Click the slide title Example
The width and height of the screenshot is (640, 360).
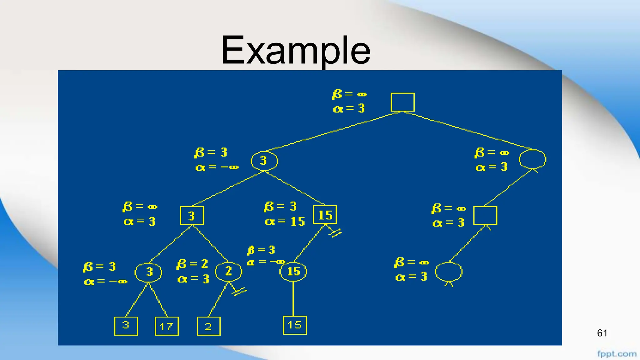coord(296,50)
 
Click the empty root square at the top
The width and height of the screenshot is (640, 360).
coord(402,102)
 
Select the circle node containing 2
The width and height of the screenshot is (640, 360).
coord(228,271)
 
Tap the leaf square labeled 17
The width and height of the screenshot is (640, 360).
coord(167,326)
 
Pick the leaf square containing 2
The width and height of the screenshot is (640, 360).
coord(208,326)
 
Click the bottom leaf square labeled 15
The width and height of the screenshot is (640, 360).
coord(295,325)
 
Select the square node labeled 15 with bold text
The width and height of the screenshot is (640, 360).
coord(325,215)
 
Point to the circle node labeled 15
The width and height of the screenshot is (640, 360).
coord(293,271)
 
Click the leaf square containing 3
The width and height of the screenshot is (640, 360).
coord(126,326)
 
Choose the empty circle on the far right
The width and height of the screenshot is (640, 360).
coord(532,159)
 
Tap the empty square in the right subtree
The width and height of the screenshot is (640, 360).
coord(485,215)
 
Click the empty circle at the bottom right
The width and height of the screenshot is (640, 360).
coord(449,272)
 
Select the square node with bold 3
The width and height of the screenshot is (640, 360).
coord(192,215)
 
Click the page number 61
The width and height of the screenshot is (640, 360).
coord(602,333)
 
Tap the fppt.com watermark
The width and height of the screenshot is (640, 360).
coord(617,354)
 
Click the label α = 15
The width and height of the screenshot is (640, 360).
coord(285,222)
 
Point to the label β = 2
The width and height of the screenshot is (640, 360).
coord(192,264)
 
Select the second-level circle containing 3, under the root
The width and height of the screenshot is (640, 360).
coord(264,161)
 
